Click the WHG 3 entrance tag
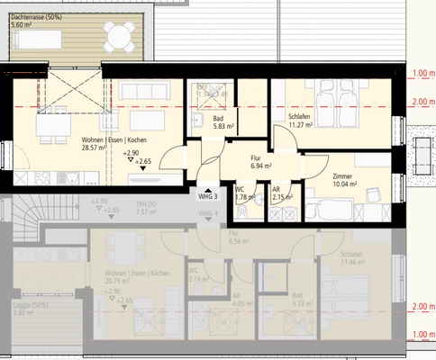[206, 195]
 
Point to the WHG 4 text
[209, 212]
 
